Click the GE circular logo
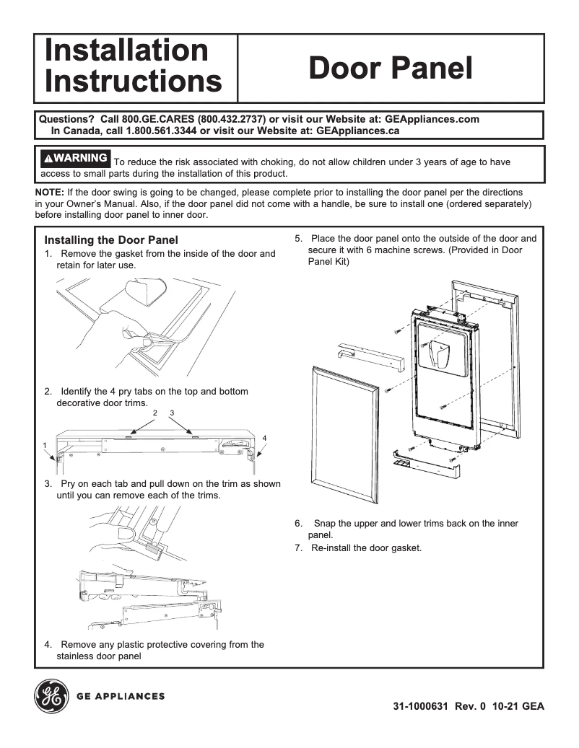pyautogui.click(x=51, y=697)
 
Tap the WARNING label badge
pyautogui.click(x=75, y=157)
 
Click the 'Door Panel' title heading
pyautogui.click(x=391, y=69)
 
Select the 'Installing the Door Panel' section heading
pyautogui.click(x=111, y=239)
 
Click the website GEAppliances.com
pyautogui.click(x=432, y=119)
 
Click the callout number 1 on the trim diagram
pyautogui.click(x=45, y=445)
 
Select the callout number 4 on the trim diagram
pyautogui.click(x=264, y=438)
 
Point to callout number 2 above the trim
pyautogui.click(x=155, y=412)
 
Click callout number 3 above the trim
pyautogui.click(x=173, y=412)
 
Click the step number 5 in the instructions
pyautogui.click(x=298, y=239)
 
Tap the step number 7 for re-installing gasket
pyautogui.click(x=298, y=548)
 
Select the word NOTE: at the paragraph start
pyautogui.click(x=50, y=193)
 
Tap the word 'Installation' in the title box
pyautogui.click(x=126, y=51)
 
